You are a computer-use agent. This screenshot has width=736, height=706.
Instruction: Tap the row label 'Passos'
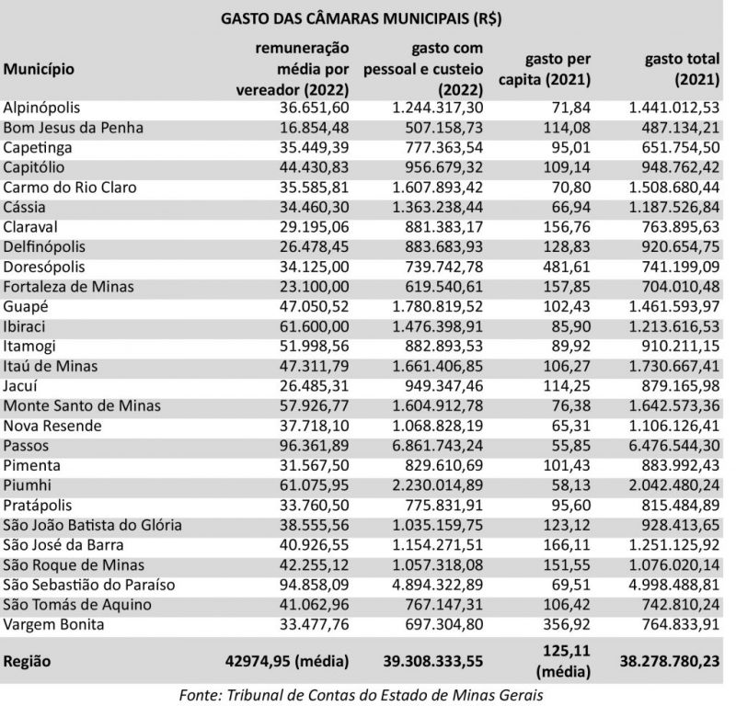[28, 445]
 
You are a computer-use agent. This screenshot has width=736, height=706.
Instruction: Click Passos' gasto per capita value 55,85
[569, 445]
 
